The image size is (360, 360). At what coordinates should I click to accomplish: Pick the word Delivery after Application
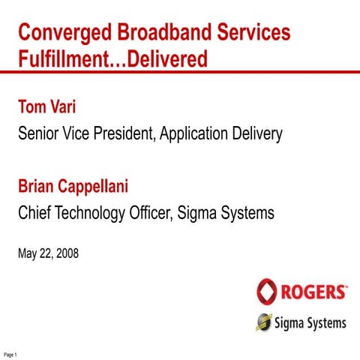(x=257, y=136)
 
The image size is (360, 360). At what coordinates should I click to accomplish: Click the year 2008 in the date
(x=65, y=254)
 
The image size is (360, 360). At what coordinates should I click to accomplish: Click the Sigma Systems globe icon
(x=264, y=322)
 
